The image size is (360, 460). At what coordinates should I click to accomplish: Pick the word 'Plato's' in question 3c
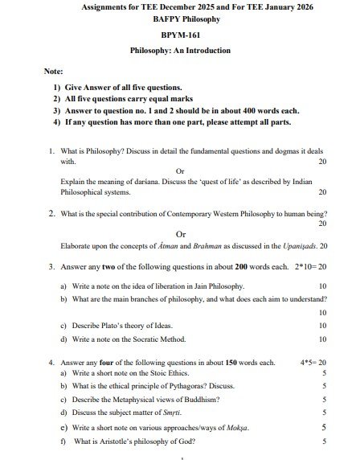(111, 326)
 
